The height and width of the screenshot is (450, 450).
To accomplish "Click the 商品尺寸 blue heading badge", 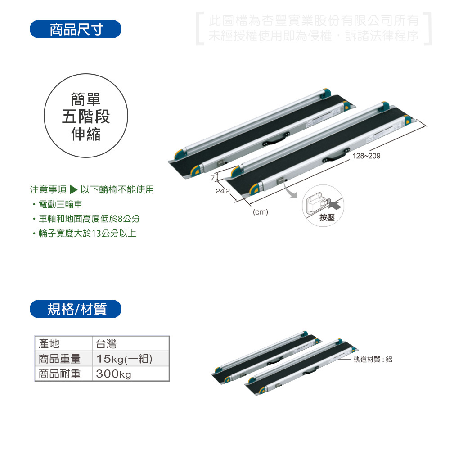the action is click(76, 29).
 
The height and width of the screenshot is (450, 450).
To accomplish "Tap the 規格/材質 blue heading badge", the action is click(76, 309).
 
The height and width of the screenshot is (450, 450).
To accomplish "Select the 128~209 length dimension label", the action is click(366, 156).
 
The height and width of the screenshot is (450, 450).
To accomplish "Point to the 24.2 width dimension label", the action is click(223, 191).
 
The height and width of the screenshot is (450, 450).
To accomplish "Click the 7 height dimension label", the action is click(213, 178).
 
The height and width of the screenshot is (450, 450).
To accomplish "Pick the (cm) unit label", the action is click(260, 212).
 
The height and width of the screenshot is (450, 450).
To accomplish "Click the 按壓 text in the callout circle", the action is click(327, 217).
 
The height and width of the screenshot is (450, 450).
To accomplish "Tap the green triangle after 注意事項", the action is click(73, 189).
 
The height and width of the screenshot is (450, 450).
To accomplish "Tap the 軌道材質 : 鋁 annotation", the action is click(373, 359).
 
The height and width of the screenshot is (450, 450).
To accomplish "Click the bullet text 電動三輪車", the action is click(60, 204).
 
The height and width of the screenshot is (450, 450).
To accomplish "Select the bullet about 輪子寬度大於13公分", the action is click(87, 233).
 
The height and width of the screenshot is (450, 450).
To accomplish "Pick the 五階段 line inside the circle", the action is click(86, 117).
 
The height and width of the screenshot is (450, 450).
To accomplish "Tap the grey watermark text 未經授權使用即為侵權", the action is click(270, 36).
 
